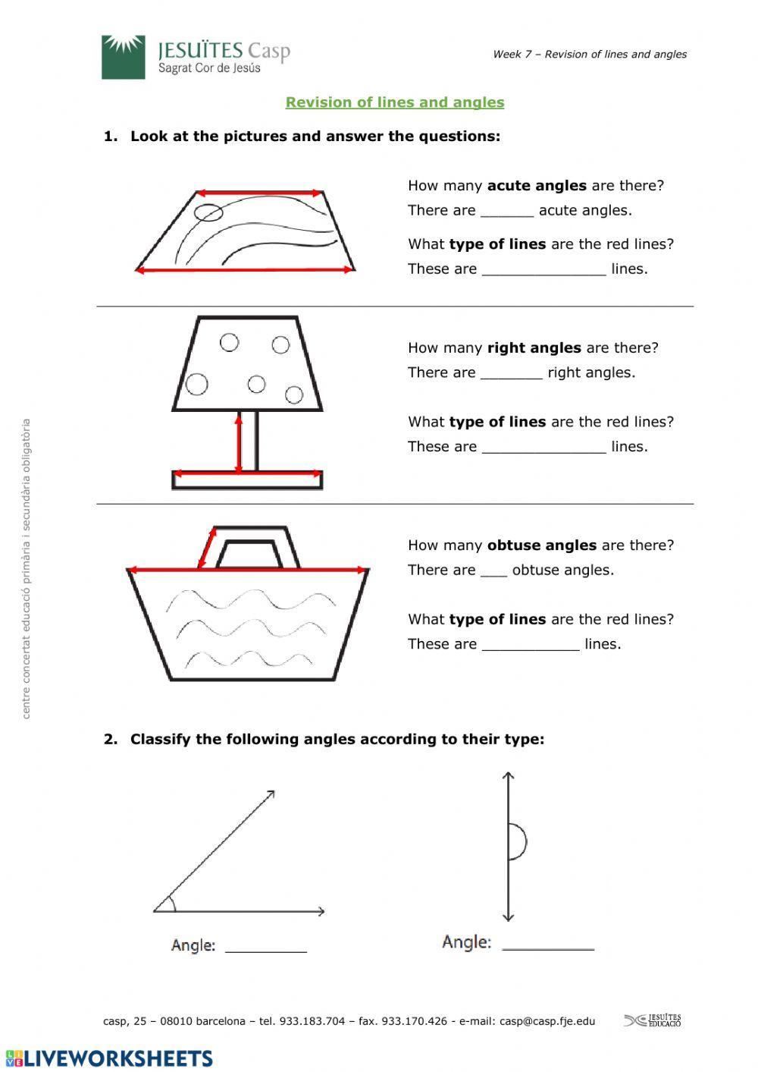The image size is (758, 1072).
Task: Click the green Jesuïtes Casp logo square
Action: pyautogui.click(x=123, y=57)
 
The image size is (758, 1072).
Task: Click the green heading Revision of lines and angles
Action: pyautogui.click(x=394, y=102)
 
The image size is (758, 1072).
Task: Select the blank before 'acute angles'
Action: pyautogui.click(x=507, y=212)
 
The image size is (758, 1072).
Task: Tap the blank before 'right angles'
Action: pyautogui.click(x=512, y=373)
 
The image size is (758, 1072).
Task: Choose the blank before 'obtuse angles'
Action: pyautogui.click(x=493, y=571)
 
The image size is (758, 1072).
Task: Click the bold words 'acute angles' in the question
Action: pyautogui.click(x=537, y=186)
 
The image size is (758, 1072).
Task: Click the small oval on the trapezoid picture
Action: pyautogui.click(x=208, y=212)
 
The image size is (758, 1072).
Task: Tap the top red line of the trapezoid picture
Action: pyautogui.click(x=259, y=193)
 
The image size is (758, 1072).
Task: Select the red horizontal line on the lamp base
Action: pyautogui.click(x=248, y=474)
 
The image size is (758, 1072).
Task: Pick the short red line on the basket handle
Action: pyautogui.click(x=204, y=549)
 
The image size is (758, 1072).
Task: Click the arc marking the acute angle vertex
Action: pyautogui.click(x=172, y=903)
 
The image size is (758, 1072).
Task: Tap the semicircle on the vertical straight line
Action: pyautogui.click(x=518, y=841)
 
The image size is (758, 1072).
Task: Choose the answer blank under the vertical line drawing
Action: pyautogui.click(x=548, y=944)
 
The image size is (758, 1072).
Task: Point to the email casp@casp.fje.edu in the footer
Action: pyautogui.click(x=547, y=1021)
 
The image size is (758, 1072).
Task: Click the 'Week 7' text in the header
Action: pyautogui.click(x=512, y=55)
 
